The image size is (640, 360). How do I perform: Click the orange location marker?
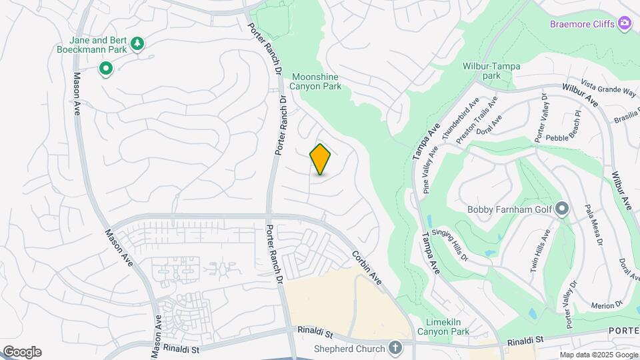321,159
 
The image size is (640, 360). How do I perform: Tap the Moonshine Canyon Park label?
316,81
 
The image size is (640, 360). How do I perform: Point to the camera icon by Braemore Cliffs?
625,24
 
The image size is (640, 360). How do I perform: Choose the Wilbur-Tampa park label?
491,71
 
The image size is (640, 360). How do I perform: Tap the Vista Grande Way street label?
608,90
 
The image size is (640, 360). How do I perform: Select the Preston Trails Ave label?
477,120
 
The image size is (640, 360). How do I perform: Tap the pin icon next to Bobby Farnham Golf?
562,210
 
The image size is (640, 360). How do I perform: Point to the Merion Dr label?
606,304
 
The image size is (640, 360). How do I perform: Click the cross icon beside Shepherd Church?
395,348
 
